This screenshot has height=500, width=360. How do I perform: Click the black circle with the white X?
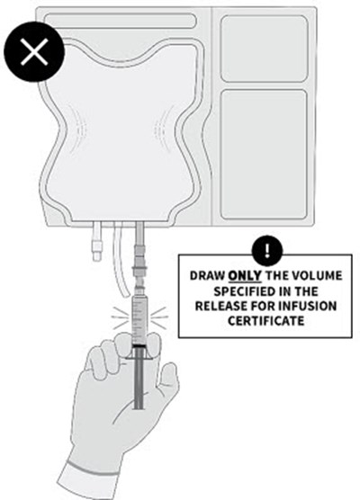point(34,51)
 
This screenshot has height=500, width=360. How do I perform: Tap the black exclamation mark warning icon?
point(267,251)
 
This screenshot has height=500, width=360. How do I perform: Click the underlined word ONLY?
point(245,275)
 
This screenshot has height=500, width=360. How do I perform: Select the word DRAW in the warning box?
point(207,275)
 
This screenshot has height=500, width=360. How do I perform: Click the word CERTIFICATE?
point(265,321)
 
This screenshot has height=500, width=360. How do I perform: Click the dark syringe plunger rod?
point(139,379)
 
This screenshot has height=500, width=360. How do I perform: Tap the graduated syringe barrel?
point(139,320)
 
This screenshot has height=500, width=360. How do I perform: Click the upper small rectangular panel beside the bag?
point(265,49)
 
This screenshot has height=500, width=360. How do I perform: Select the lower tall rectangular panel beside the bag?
point(264,155)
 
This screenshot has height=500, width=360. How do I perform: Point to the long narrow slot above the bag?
point(120,21)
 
